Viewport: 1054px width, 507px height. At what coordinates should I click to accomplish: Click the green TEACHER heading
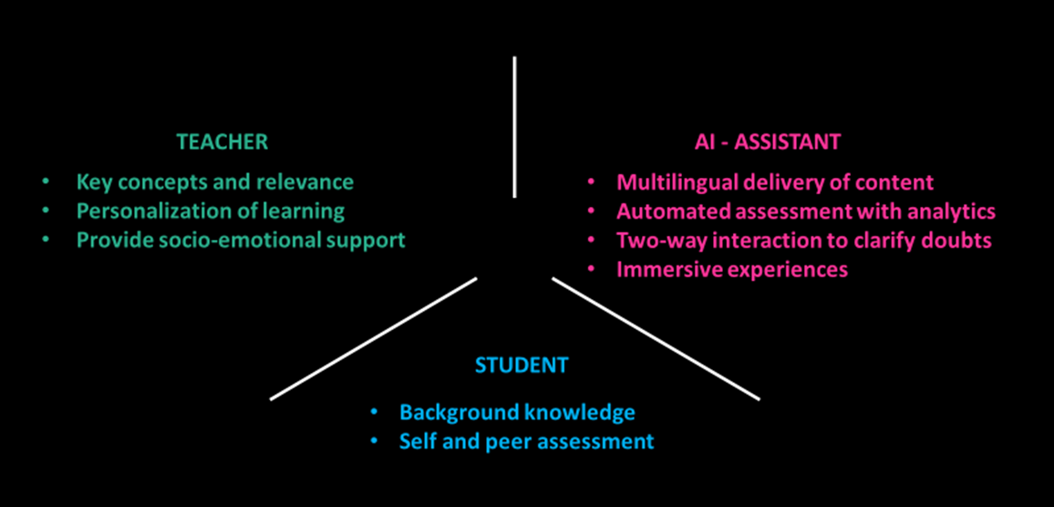tap(222, 142)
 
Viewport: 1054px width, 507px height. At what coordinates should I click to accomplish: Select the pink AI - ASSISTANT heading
tap(768, 142)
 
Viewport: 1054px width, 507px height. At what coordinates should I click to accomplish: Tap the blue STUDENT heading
tap(522, 366)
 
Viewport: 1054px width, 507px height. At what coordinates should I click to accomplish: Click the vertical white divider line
tap(514, 127)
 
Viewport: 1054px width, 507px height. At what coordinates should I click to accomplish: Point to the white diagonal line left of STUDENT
tap(374, 338)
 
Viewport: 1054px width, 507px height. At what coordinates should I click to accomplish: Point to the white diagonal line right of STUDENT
tap(656, 338)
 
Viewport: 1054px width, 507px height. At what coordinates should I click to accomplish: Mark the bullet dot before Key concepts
tap(46, 182)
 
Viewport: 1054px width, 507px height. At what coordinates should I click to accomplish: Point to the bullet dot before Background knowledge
tap(373, 412)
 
